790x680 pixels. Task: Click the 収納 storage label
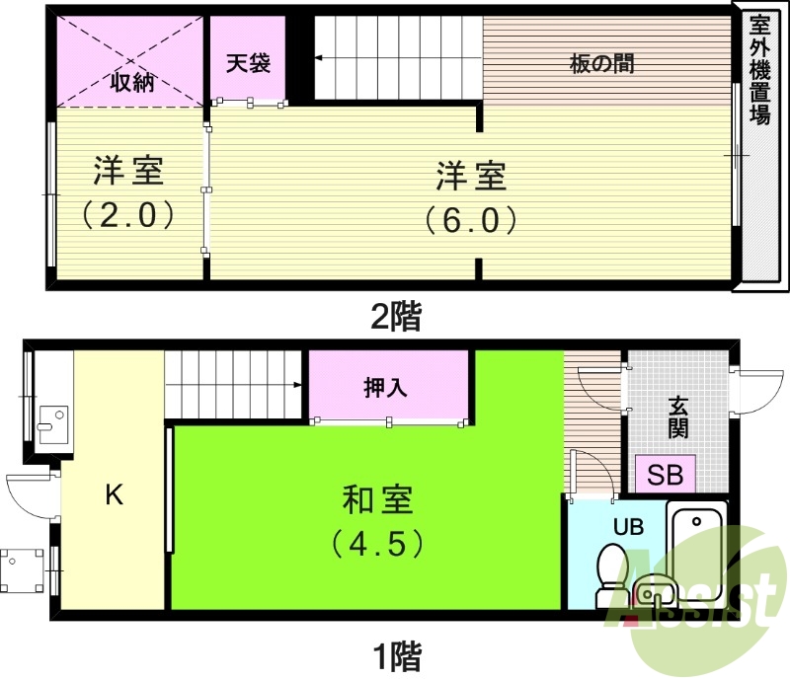point(131,82)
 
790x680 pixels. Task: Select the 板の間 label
point(602,65)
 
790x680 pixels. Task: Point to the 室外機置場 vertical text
point(759,69)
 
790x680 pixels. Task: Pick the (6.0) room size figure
point(471,218)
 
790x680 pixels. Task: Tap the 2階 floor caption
point(395,317)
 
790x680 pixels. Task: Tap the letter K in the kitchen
point(115,495)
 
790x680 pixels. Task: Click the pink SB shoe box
point(666,475)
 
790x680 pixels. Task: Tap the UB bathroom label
point(629,527)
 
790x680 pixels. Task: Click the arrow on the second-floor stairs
point(321,59)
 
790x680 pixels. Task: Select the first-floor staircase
point(233,385)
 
